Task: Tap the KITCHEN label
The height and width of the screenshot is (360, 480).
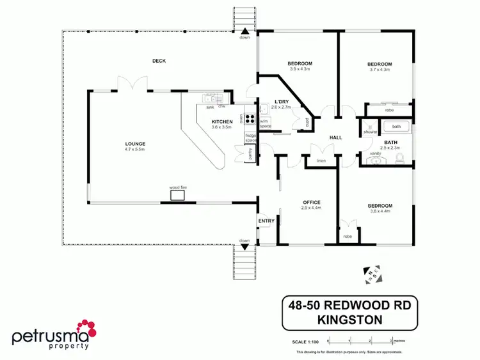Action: pyautogui.click(x=222, y=121)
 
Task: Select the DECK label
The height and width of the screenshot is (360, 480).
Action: pyautogui.click(x=159, y=61)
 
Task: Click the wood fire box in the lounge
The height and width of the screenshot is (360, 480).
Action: pyautogui.click(x=177, y=194)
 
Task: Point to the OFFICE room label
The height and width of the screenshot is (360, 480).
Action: pyautogui.click(x=311, y=202)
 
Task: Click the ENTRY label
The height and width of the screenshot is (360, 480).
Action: pyautogui.click(x=266, y=221)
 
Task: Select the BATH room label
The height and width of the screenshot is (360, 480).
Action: pyautogui.click(x=391, y=141)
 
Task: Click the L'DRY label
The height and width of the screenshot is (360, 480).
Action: pyautogui.click(x=281, y=102)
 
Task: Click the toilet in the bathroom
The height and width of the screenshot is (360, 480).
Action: pyautogui.click(x=400, y=160)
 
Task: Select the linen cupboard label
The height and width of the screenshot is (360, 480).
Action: pyautogui.click(x=322, y=160)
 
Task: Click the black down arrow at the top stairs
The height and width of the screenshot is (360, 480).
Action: pyautogui.click(x=244, y=30)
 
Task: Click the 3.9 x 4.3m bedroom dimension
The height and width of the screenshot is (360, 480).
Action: pyautogui.click(x=300, y=69)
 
